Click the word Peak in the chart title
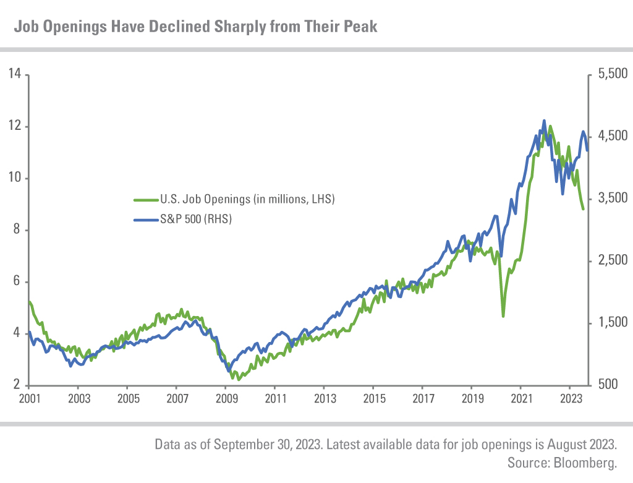[360, 27]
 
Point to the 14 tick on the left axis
[14, 74]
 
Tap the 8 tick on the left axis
[17, 230]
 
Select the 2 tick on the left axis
[17, 385]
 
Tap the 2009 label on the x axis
[226, 400]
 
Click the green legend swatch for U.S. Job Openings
[146, 200]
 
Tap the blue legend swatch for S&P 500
[146, 219]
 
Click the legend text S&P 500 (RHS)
[196, 219]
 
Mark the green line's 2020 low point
[503, 316]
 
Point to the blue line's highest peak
[544, 121]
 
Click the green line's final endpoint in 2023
[583, 209]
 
